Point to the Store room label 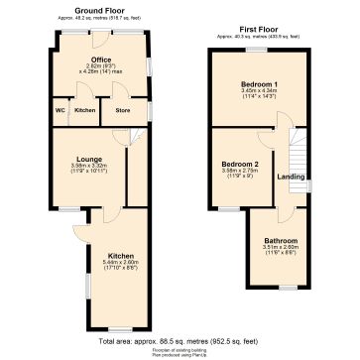(122, 110)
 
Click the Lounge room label (86, 158)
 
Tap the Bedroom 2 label (239, 163)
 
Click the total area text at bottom (180, 340)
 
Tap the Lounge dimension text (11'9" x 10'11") (86, 173)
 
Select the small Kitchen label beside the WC (85, 110)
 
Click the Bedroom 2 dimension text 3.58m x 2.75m (239, 171)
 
